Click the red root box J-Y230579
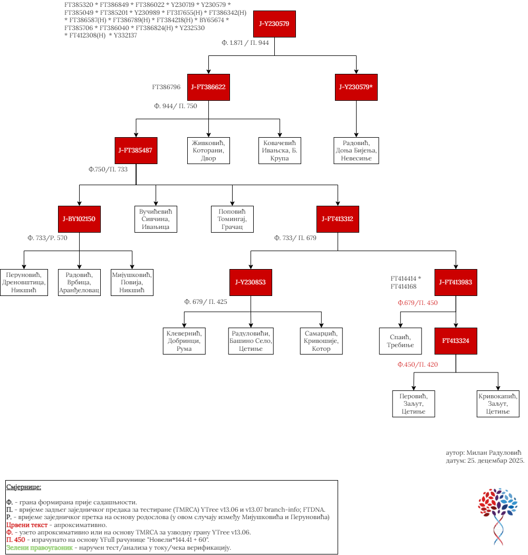(274, 24)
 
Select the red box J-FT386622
(208, 87)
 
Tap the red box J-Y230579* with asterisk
(356, 87)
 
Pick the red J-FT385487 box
(136, 150)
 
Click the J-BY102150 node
(79, 219)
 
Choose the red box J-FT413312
(338, 219)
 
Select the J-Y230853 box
(251, 282)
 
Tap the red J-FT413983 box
(456, 282)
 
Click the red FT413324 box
(456, 341)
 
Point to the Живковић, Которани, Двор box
(208, 150)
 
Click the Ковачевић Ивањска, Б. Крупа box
(280, 150)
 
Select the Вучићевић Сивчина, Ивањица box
(156, 219)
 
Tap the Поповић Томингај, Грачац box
(232, 219)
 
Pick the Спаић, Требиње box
(400, 341)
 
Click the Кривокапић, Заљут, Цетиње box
(498, 404)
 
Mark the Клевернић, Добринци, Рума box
(184, 341)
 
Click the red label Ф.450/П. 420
(418, 365)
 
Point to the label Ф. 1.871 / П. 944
(245, 43)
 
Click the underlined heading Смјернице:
(24, 487)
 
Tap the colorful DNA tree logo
(497, 516)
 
